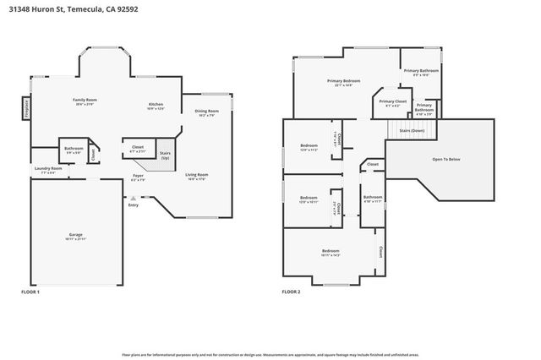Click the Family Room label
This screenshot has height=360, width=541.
click(85, 100)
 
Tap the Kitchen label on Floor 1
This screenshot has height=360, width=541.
click(156, 104)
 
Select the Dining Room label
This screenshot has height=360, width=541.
click(207, 111)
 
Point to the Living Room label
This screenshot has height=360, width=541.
click(197, 175)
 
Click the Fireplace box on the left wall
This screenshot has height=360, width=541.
click(26, 109)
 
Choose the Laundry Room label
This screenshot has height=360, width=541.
click(48, 168)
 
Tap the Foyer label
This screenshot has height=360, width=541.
click(138, 175)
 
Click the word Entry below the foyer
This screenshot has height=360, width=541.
click(133, 205)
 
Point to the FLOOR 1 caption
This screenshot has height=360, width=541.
click(30, 292)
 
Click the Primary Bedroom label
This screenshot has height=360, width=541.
click(344, 81)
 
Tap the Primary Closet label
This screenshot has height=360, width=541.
click(392, 101)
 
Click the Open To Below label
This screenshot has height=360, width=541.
click(445, 158)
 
